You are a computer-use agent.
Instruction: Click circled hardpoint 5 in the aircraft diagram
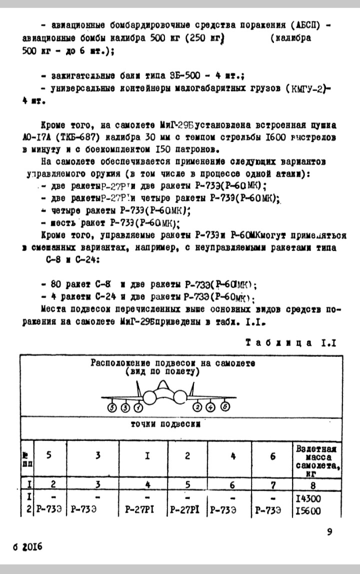[x=111, y=407]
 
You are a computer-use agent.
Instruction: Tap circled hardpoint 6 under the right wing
[x=225, y=407]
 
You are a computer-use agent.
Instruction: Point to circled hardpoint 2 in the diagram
[x=198, y=407]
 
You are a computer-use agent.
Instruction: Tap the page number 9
[x=329, y=532]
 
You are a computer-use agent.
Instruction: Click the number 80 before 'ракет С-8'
[x=56, y=285]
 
